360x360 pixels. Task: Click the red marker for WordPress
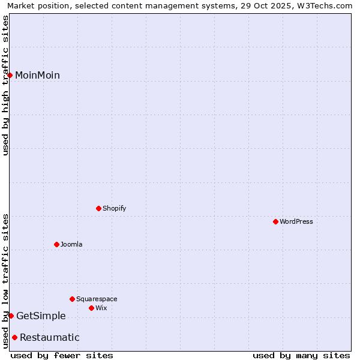(x=275, y=221)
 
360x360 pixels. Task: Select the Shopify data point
(x=98, y=208)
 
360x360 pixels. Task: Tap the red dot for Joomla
(x=56, y=244)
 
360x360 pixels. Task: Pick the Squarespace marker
(x=72, y=299)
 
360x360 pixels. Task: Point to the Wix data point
(x=91, y=308)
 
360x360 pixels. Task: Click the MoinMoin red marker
(x=10, y=75)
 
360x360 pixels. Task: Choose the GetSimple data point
(x=11, y=316)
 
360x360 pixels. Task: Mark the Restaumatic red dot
(x=14, y=337)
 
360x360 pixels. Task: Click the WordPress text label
(x=296, y=221)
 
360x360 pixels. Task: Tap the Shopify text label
(x=114, y=208)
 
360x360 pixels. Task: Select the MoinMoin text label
(x=37, y=75)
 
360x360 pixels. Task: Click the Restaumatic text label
(x=49, y=337)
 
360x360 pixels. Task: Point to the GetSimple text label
(x=41, y=316)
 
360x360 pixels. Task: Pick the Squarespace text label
(x=97, y=299)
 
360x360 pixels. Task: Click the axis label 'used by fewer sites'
(x=62, y=355)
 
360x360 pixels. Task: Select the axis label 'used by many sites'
(x=301, y=355)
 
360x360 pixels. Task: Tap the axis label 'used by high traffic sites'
(x=5, y=85)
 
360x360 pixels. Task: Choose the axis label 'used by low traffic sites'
(x=5, y=280)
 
